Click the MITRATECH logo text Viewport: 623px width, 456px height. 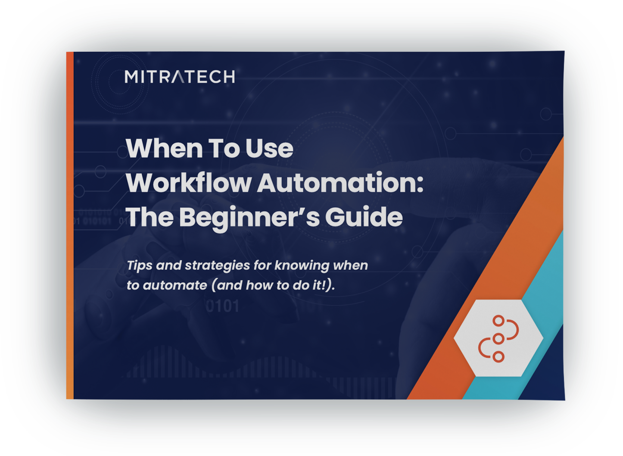(x=180, y=77)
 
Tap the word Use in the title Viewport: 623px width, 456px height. (x=269, y=148)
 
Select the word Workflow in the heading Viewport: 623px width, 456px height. (x=189, y=183)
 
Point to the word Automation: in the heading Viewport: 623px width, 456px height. (x=340, y=183)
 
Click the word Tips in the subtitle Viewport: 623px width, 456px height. (x=140, y=265)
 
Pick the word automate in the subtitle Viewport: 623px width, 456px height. (x=175, y=285)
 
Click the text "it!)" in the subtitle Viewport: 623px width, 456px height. (x=324, y=285)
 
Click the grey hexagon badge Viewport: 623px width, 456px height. (x=498, y=338)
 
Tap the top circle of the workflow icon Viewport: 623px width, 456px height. (x=498, y=321)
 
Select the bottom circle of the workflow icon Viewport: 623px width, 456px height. (x=498, y=357)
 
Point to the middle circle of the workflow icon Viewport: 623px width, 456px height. (x=498, y=339)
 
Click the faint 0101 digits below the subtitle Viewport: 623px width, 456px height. (x=222, y=306)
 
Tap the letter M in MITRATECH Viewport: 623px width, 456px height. (x=131, y=77)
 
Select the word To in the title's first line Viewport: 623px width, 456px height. (x=224, y=148)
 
